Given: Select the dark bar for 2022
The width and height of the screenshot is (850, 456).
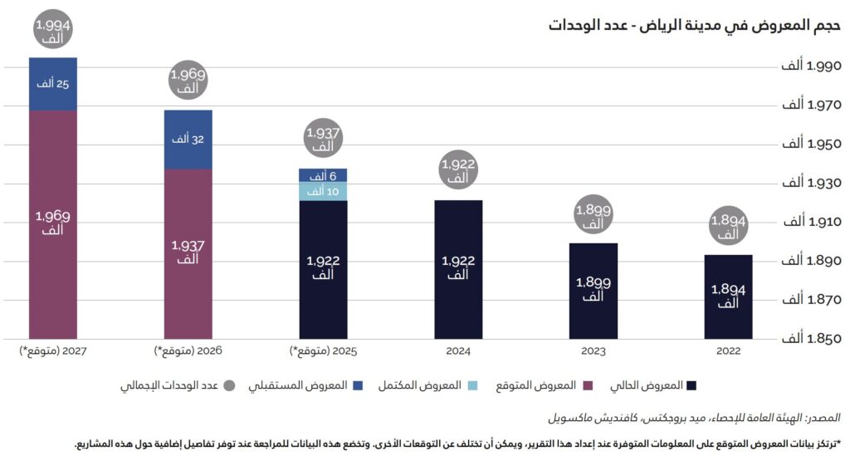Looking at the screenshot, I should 728,297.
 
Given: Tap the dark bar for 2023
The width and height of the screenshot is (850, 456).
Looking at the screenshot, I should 593,291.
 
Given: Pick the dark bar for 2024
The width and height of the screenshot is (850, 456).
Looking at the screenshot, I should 457,269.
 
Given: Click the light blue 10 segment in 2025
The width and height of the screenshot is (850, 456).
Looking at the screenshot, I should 323,192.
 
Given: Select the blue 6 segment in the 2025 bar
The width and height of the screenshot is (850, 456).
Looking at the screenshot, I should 323,176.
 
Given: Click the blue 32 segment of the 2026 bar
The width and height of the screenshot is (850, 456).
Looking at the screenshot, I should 188,140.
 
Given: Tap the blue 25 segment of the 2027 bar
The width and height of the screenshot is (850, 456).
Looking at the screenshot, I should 52,84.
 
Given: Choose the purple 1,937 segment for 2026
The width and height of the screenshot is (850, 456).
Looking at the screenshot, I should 188,253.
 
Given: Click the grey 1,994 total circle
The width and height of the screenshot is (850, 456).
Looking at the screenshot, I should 53,31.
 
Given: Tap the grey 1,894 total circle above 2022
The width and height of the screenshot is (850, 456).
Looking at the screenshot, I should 728,228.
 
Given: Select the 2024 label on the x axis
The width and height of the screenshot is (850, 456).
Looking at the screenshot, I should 457,352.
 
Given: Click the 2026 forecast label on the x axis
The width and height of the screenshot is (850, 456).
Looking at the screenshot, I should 188,352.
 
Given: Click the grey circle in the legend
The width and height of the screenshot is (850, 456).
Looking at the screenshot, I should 230,386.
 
